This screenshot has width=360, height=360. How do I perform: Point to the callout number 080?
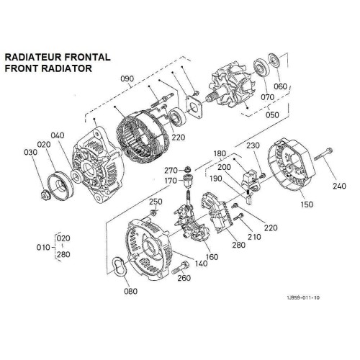[x=130, y=292]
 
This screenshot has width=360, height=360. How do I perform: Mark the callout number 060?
[x=280, y=86]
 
